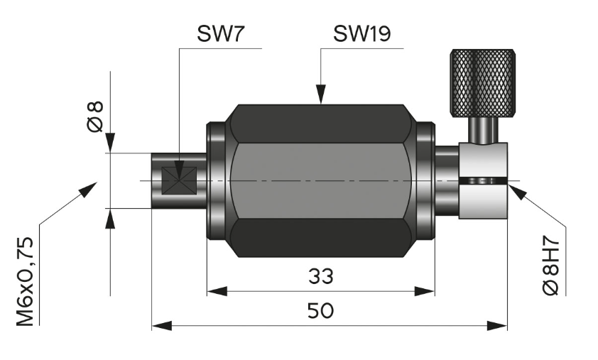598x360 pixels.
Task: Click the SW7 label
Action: [219, 33]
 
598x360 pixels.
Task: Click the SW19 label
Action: [362, 33]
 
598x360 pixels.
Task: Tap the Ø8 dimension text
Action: [95, 116]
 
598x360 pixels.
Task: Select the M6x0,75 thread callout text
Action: [25, 281]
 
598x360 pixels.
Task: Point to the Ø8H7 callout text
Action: [550, 267]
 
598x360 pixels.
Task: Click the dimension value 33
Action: [321, 276]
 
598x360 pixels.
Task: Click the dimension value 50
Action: [320, 311]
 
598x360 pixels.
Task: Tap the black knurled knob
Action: [482, 83]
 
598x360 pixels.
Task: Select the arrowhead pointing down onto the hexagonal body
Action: [321, 94]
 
